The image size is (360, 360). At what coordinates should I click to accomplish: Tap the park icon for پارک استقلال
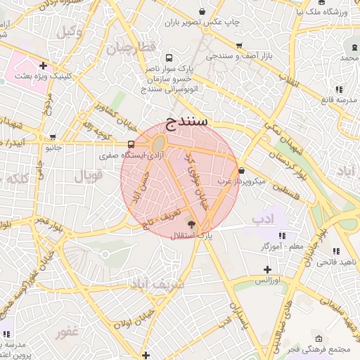coord(192,224)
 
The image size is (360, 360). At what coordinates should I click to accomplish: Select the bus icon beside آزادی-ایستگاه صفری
coord(112,145)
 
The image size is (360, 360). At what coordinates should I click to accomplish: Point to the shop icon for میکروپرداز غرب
coord(242,170)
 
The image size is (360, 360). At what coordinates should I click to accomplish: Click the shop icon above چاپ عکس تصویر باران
coord(203,11)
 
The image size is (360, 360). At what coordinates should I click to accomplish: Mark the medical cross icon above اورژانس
coord(267,269)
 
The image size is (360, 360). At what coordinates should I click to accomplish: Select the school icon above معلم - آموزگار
coord(282,236)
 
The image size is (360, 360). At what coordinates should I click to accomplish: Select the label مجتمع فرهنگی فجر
coord(328,349)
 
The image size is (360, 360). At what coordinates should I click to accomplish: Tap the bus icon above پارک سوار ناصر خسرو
coord(168,58)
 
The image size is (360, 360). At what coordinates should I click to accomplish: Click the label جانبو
coord(54,148)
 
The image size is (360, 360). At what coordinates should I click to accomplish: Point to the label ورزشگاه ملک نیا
coord(323,11)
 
